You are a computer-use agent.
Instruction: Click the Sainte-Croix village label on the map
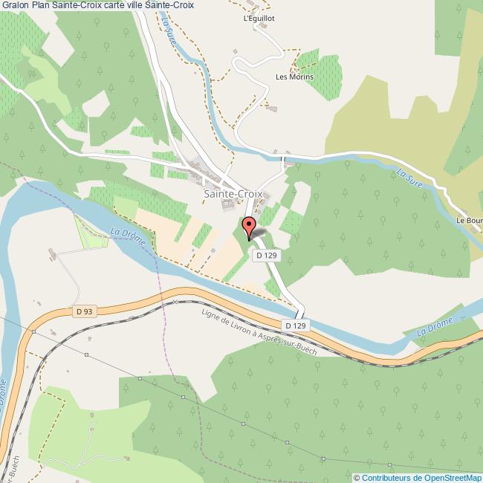(x=233, y=194)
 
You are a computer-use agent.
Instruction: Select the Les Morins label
(x=294, y=77)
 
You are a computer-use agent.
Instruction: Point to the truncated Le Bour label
(x=470, y=221)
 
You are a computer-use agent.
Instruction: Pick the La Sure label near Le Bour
(x=409, y=179)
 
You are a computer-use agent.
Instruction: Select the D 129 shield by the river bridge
(x=295, y=325)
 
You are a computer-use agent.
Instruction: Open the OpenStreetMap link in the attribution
(x=450, y=478)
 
